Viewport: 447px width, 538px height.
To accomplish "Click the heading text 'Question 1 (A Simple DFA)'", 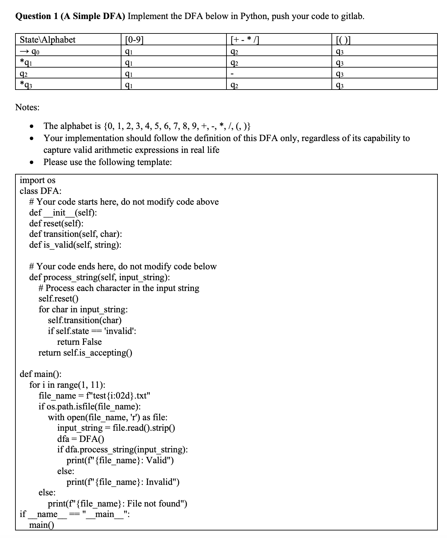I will pyautogui.click(x=70, y=16).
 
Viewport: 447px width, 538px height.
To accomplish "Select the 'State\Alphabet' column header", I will pyautogui.click(x=48, y=40).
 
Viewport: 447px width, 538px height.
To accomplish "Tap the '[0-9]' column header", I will pyautogui.click(x=135, y=40).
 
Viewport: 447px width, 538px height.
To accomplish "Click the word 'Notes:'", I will pyautogui.click(x=27, y=107).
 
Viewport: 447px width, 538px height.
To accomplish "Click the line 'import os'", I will pyautogui.click(x=37, y=180).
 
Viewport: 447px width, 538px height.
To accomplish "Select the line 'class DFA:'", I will pyautogui.click(x=40, y=191).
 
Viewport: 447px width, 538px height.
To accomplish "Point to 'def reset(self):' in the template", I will pyautogui.click(x=56, y=223).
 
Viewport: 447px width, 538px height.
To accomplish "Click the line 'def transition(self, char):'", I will pyautogui.click(x=75, y=234).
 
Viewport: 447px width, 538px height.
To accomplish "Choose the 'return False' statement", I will pyautogui.click(x=79, y=342).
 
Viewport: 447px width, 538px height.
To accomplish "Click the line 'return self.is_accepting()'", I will pyautogui.click(x=85, y=353).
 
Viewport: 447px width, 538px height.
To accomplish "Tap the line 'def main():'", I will pyautogui.click(x=40, y=374).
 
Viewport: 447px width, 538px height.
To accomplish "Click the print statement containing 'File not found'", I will pyautogui.click(x=117, y=503).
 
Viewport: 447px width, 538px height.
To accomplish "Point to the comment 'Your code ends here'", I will pyautogui.click(x=123, y=266).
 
